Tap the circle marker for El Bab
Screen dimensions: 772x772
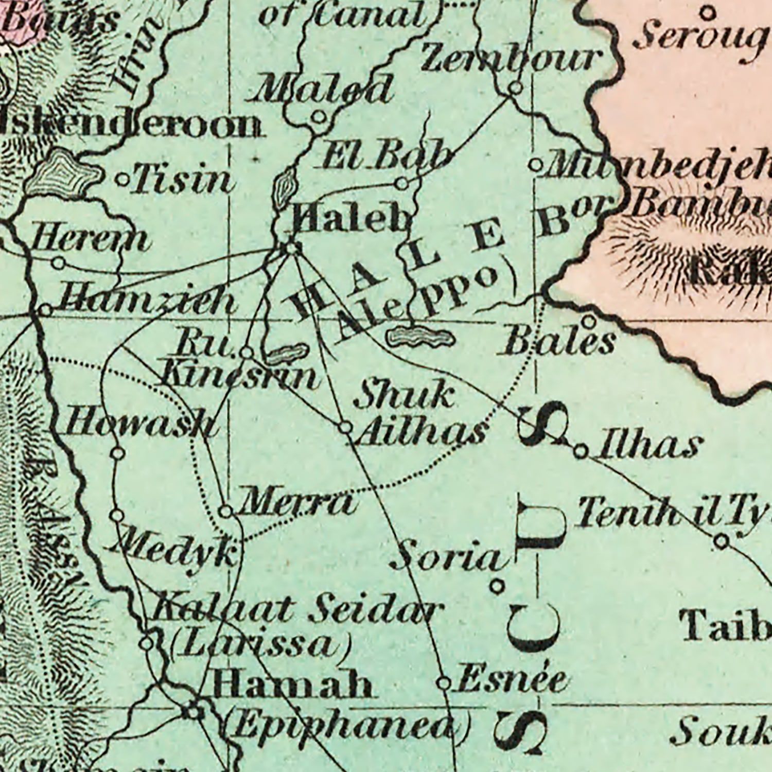pos(403,183)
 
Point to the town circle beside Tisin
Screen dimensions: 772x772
pos(123,180)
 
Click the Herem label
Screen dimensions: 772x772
pos(90,240)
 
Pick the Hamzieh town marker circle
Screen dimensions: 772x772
pos(46,310)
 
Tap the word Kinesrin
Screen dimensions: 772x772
pos(239,376)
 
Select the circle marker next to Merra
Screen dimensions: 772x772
pos(225,512)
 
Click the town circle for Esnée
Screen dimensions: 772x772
pos(443,683)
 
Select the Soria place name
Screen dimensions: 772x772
pos(446,557)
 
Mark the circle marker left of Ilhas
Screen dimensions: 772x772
pos(581,451)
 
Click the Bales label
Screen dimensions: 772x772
pos(558,341)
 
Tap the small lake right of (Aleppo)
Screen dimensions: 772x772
pos(421,337)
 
